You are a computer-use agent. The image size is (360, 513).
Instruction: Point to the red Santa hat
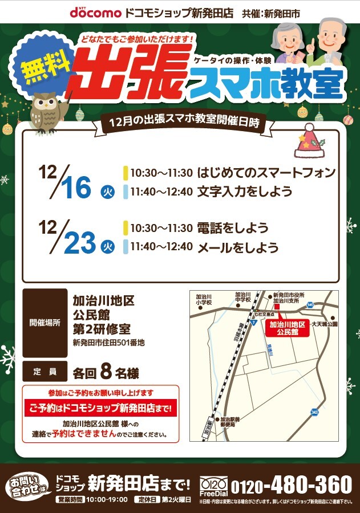pyautogui.click(x=308, y=142)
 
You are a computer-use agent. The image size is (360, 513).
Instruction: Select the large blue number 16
pyautogui.click(x=77, y=188)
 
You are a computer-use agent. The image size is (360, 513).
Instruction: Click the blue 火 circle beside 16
pyautogui.click(x=107, y=192)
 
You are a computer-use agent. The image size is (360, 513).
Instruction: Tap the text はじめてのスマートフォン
pyautogui.click(x=266, y=172)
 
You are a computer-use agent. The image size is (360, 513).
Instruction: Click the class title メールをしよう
pyautogui.click(x=238, y=247)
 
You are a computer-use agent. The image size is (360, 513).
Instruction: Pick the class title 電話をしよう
pyautogui.click(x=232, y=228)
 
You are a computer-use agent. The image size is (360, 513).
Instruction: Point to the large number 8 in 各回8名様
pyautogui.click(x=105, y=372)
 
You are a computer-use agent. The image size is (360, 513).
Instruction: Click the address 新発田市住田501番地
pyautogui.click(x=108, y=343)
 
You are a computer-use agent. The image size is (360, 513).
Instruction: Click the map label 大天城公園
pyautogui.click(x=324, y=324)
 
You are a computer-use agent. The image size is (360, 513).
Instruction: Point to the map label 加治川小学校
pyautogui.click(x=204, y=300)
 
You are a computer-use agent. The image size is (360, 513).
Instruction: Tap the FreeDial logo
pyautogui.click(x=213, y=486)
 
